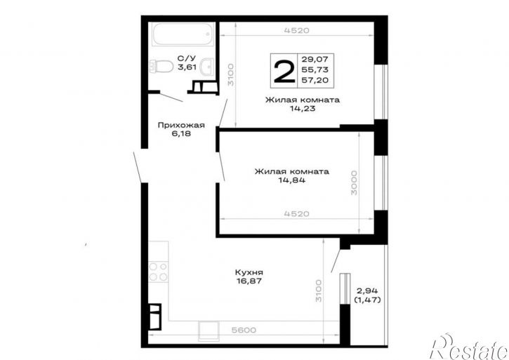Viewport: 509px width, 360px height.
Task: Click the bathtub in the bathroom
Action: point(183,34)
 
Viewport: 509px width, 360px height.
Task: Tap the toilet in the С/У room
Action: point(161,67)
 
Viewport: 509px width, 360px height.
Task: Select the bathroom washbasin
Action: point(206,67)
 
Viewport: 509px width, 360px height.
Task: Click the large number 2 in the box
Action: point(284,71)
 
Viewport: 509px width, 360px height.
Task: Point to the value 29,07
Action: point(315,59)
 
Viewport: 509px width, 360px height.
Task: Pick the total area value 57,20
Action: point(315,80)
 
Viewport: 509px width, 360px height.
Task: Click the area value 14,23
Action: point(303,109)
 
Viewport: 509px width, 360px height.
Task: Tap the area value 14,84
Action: point(291,180)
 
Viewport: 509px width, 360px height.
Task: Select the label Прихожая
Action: point(181,126)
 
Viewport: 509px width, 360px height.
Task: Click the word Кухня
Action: point(249,272)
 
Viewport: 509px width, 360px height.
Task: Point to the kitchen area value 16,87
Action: point(249,281)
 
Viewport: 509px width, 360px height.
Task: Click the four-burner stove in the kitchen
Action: point(159,272)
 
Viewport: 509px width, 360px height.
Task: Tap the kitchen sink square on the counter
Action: point(209,331)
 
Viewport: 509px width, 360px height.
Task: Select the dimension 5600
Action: point(244,331)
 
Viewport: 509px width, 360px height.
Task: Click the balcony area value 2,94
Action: point(368,291)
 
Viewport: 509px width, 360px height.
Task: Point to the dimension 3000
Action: point(354,182)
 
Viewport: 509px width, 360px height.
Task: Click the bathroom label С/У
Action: point(187,58)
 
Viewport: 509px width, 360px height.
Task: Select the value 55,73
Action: point(315,69)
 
